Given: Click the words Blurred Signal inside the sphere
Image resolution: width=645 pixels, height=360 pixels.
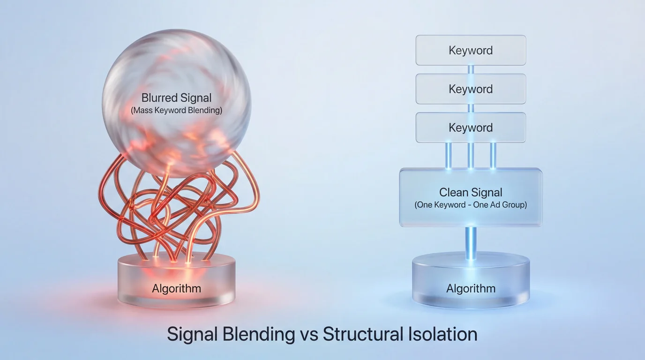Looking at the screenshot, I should [176, 98].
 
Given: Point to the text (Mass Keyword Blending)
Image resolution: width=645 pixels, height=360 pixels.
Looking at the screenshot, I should [176, 111].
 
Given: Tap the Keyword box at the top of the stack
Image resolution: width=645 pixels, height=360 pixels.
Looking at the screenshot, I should [471, 50].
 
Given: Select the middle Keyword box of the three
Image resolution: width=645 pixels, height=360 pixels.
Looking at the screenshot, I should [471, 89].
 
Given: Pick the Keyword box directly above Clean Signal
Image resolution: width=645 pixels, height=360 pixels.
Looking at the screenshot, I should [471, 127].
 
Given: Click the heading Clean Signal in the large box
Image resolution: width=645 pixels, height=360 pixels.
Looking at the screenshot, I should [471, 192].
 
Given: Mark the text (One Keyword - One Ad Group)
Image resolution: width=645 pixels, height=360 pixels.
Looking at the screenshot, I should [471, 205].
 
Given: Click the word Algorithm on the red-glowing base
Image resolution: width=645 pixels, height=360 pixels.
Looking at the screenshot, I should [176, 288].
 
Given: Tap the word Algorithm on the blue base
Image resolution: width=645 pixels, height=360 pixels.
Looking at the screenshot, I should [471, 288].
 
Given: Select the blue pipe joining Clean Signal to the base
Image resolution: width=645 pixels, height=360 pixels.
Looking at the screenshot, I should [471, 242].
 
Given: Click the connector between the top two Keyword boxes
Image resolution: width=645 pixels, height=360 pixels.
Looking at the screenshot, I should [471, 69].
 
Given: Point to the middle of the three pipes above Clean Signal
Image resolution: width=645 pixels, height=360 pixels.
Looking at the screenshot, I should [471, 156].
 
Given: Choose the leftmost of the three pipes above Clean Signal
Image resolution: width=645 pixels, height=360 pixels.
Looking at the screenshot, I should [449, 156].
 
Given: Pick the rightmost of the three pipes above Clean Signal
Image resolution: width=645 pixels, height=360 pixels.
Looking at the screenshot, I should [493, 156].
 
